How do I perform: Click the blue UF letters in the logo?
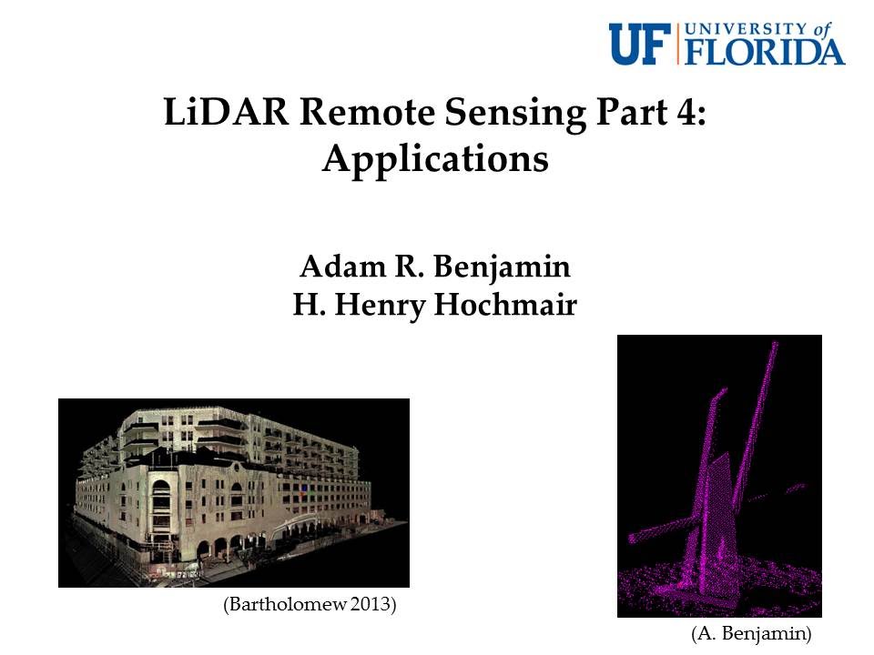tap(641, 45)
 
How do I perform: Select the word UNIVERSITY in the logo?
tap(741, 28)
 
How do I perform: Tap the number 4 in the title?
tap(690, 116)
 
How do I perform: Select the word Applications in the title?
tap(435, 160)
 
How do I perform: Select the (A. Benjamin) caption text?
tap(750, 631)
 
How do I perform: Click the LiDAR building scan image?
tap(234, 492)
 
